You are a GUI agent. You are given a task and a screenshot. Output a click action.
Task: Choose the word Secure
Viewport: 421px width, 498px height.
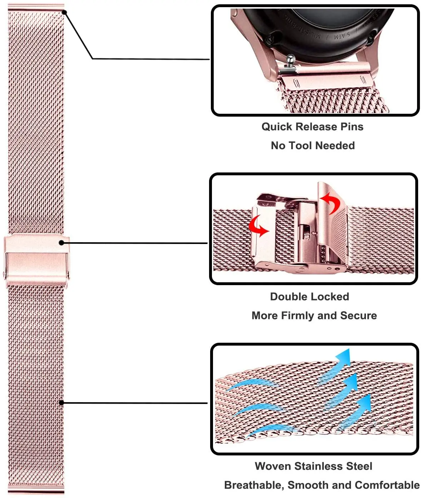tap(358, 316)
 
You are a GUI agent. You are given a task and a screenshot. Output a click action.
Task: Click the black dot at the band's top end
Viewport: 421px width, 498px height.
tap(64, 12)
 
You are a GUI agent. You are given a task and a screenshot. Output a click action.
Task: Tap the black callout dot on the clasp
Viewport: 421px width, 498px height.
tap(61, 243)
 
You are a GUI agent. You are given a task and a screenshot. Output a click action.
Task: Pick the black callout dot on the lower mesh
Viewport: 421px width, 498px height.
tap(61, 402)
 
